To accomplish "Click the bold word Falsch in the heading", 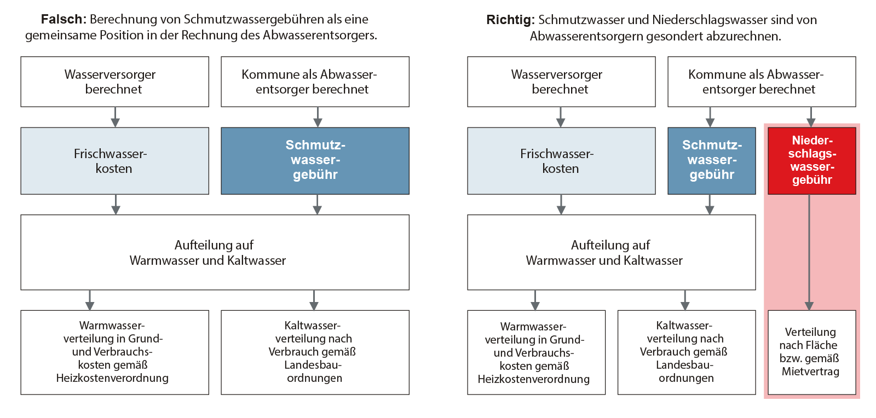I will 63,19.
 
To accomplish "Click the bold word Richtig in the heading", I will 510,20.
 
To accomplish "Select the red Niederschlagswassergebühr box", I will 811,160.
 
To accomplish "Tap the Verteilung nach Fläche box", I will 811,352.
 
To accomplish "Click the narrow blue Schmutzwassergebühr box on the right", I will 711,160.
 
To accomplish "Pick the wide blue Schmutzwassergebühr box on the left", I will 315,160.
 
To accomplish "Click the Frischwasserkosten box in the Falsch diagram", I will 114,160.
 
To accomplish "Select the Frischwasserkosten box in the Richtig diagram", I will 561,160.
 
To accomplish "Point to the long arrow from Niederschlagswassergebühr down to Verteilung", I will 809,252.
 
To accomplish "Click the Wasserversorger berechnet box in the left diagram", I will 114,82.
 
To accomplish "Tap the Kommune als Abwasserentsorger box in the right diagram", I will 761,82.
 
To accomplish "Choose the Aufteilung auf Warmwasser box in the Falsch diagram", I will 215,252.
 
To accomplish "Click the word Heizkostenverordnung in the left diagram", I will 112,378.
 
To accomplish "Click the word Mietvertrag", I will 810,371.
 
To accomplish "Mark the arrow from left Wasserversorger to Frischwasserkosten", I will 115,117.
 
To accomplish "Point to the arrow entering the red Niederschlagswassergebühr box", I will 811,117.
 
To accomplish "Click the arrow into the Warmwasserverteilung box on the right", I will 535,300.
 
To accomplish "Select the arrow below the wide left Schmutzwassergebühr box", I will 317,204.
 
